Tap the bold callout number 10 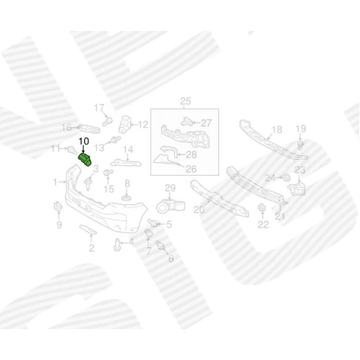[x=84, y=141]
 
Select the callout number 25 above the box [x=185, y=102]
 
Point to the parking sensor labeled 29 [x=171, y=207]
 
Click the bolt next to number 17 [x=107, y=121]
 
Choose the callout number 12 [x=143, y=125]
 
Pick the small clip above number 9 [x=58, y=207]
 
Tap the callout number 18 [x=277, y=130]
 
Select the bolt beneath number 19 [x=300, y=145]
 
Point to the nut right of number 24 [x=287, y=178]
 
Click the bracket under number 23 [x=297, y=189]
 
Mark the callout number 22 [x=263, y=225]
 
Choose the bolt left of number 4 [x=117, y=245]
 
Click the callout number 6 [x=171, y=258]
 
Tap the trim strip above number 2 [x=88, y=230]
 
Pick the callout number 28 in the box [x=192, y=155]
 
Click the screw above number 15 [x=108, y=172]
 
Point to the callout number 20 [x=199, y=210]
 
